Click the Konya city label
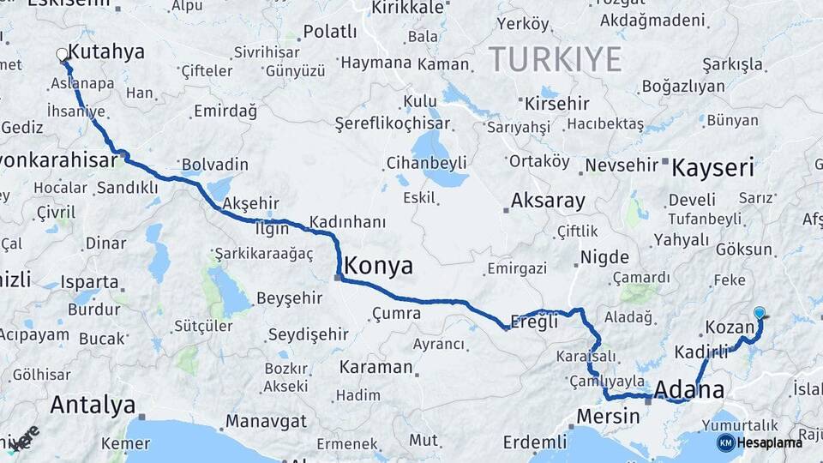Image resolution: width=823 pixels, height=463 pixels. click(378, 265)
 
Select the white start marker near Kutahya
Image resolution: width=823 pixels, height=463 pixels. click(62, 55)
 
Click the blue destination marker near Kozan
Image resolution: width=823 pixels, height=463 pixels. click(759, 314)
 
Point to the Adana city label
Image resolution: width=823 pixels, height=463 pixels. click(688, 390)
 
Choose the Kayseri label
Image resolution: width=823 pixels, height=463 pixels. click(712, 166)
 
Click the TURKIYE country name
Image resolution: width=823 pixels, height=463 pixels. click(555, 59)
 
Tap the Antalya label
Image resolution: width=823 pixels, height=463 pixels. click(93, 404)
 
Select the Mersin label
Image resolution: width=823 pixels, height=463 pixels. click(609, 416)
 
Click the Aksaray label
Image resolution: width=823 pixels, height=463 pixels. click(548, 201)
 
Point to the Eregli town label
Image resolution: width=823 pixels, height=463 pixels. click(534, 322)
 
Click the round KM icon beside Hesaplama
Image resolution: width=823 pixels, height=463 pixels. click(725, 442)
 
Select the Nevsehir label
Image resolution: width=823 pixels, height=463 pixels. click(621, 163)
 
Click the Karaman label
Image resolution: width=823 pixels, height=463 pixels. click(375, 367)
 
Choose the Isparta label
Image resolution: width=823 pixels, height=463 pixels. click(89, 281)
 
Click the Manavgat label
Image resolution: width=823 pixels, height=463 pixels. click(266, 421)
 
